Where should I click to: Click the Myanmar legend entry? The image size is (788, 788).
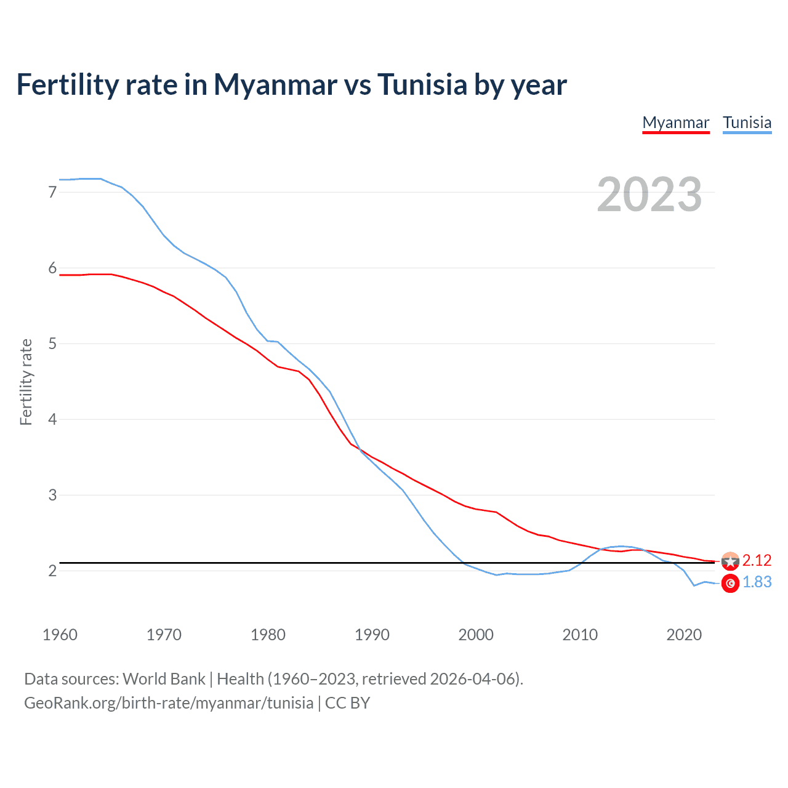pos(675,123)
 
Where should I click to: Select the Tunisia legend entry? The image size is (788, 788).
pos(747,123)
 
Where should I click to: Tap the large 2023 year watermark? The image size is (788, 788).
pos(649,195)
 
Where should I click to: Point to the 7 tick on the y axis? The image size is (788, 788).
pos(52,192)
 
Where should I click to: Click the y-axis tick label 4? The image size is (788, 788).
pos(52,419)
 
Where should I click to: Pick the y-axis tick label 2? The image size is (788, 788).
pos(52,571)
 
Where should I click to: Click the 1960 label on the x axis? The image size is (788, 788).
pos(60,635)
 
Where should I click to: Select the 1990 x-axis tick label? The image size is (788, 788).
pos(372,635)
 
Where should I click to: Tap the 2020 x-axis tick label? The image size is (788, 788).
pos(684,635)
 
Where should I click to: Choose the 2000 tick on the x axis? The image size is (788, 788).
pos(476,635)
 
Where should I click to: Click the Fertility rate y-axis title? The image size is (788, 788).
pos(26,382)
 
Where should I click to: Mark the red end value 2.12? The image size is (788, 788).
pos(757,560)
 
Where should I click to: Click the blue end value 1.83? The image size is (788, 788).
pos(757,582)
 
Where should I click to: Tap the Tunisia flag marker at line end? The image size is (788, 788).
pos(730,583)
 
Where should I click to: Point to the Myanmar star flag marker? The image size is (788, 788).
pos(730,561)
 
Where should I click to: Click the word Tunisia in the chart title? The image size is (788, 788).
pos(422,84)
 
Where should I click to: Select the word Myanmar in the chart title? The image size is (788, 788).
pos(275,84)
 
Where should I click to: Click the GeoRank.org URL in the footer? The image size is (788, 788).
pos(169,703)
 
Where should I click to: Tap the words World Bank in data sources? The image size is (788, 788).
pos(164,679)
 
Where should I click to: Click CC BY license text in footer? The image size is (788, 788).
pos(347,703)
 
